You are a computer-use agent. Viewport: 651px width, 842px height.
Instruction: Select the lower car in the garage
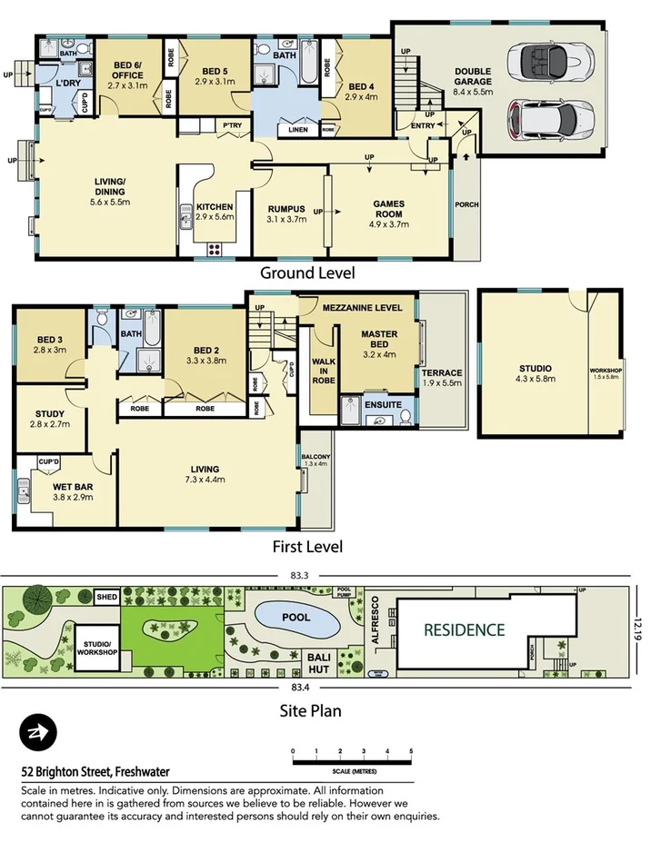pos(552,117)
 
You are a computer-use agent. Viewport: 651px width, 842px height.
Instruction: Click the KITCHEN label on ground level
pos(215,212)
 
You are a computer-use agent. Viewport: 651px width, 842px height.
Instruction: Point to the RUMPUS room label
pos(285,213)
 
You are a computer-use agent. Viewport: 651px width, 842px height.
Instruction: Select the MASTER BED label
pos(379,339)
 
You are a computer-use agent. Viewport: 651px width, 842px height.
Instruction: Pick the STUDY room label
pos(49,419)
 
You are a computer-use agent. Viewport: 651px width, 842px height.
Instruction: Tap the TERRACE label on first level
pos(442,378)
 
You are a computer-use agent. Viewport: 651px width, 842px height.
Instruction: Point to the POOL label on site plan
pos(295,618)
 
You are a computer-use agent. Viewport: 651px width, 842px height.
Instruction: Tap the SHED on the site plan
pos(108,598)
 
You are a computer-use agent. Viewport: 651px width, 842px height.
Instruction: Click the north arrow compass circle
pos(38,732)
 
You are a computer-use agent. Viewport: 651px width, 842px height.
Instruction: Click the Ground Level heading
pos(307,272)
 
